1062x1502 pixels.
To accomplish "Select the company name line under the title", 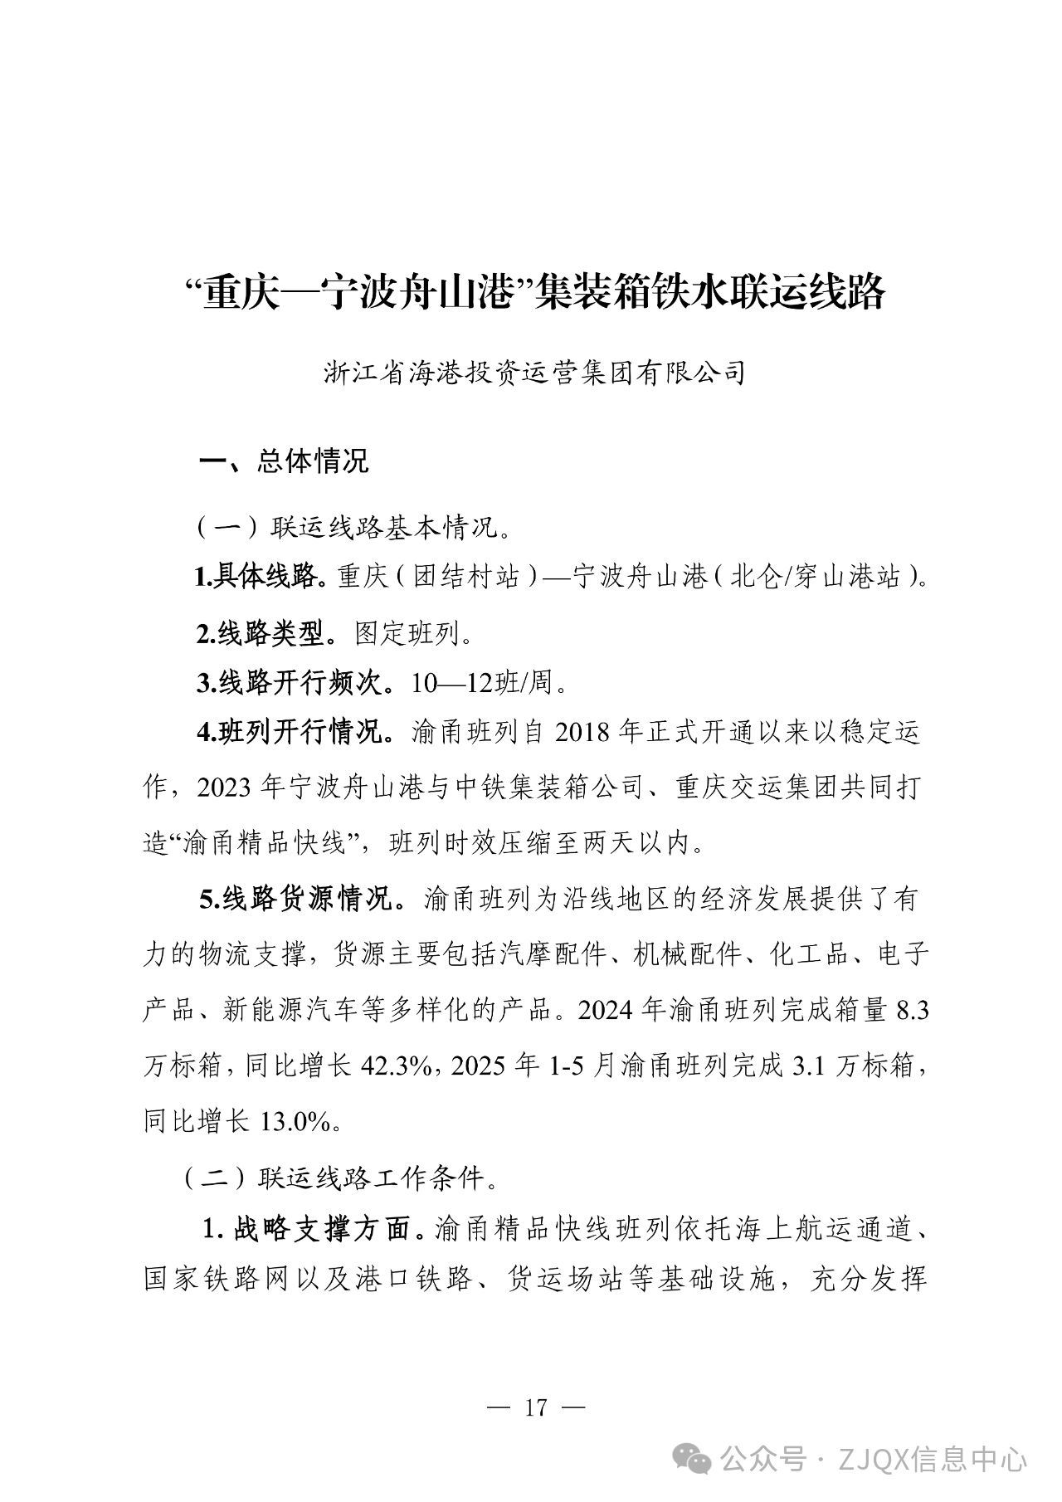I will [535, 373].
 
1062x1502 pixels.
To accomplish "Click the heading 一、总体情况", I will [283, 461].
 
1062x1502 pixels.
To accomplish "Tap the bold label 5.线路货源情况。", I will [303, 900].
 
